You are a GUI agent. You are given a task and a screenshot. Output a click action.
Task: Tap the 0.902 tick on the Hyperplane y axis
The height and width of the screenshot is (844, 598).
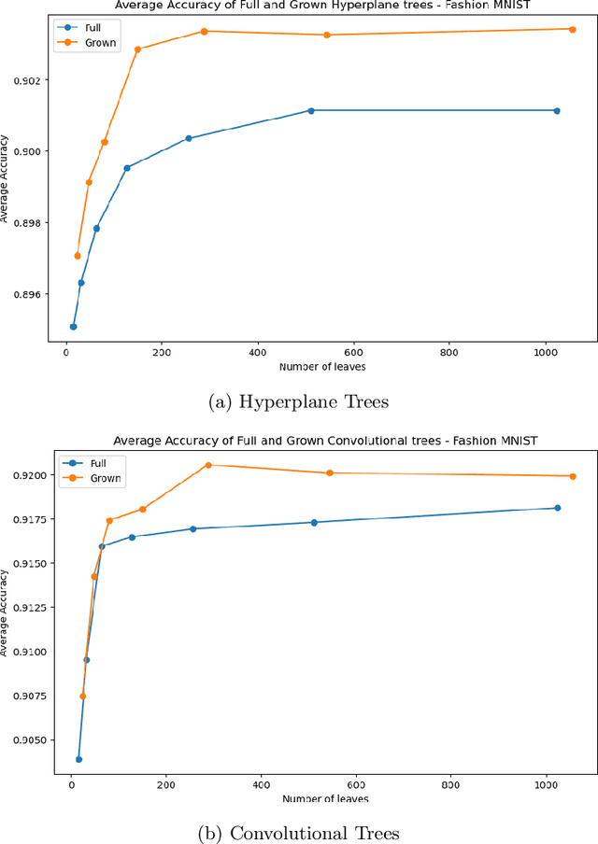32,79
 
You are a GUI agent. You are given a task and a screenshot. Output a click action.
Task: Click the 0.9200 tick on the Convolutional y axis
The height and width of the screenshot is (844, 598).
28,475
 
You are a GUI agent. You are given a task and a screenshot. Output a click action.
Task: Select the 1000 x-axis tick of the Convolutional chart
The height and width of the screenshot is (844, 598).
547,784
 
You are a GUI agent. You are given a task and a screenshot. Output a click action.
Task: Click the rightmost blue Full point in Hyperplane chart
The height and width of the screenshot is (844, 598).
557,110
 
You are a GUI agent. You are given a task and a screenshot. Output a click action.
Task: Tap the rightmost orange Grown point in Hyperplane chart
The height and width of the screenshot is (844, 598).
572,29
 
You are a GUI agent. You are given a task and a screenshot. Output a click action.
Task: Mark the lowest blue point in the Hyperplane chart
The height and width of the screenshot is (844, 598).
73,327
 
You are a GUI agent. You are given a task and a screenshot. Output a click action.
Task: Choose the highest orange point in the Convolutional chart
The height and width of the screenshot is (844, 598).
208,465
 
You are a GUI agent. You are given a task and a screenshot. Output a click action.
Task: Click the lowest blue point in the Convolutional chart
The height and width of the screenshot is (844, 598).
78,759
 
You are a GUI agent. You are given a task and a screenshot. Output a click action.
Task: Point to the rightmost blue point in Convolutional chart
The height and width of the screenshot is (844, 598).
558,508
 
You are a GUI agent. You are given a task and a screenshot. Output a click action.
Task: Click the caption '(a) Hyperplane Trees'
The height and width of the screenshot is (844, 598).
298,401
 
